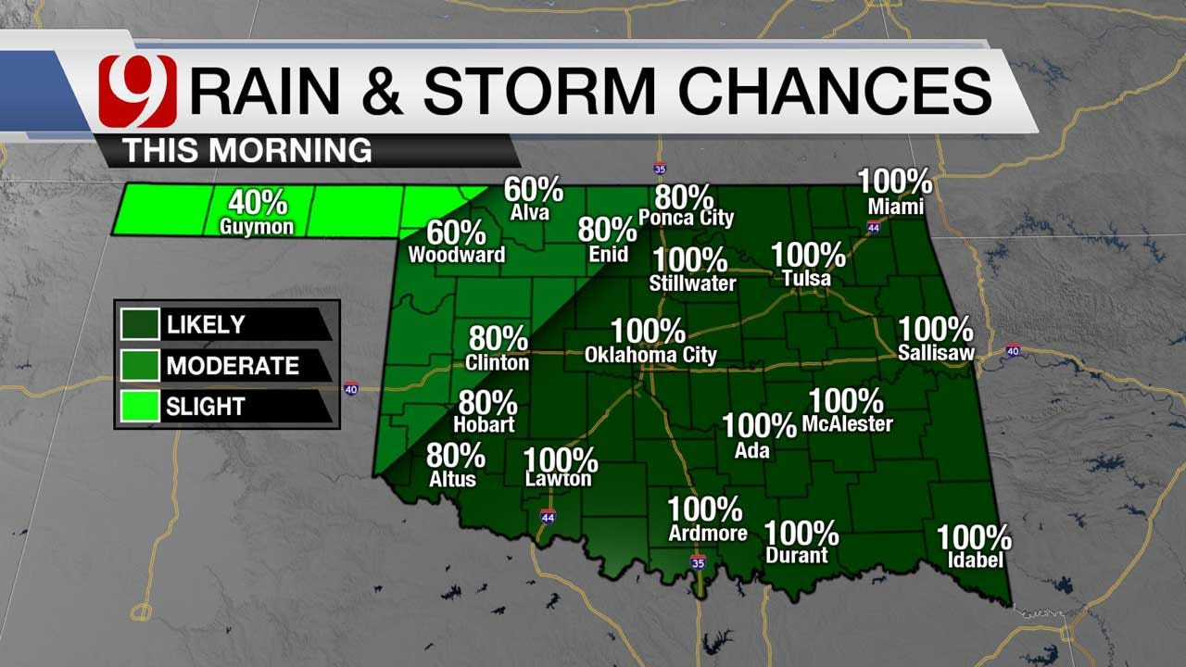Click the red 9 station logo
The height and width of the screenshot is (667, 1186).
137,91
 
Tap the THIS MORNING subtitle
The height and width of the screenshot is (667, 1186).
247,150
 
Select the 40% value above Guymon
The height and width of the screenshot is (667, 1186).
258,203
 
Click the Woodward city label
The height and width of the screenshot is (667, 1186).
457,255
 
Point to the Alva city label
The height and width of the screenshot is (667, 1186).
529,213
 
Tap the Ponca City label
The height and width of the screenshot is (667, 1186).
686,219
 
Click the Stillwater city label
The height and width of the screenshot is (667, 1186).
692,283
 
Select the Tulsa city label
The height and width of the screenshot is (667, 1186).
806,278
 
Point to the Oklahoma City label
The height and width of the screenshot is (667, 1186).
650,355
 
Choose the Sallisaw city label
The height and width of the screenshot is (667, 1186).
935,353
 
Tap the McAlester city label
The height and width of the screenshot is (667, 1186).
847,424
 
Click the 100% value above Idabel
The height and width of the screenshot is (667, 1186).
973,537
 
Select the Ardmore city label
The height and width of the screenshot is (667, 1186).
708,534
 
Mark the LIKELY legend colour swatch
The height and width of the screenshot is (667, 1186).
140,325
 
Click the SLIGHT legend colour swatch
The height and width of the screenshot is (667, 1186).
140,406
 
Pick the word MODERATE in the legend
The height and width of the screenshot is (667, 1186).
233,366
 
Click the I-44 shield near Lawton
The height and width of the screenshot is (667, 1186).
548,516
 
